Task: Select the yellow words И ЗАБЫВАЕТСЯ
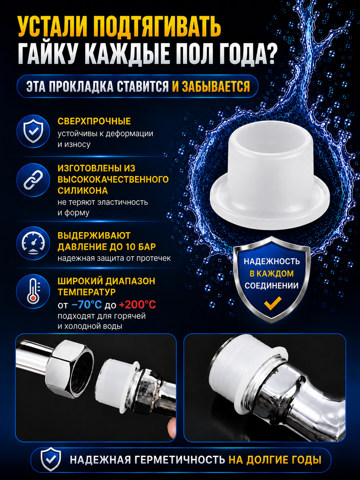click(211, 86)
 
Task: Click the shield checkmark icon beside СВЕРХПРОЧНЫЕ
click(33, 131)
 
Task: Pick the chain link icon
click(33, 180)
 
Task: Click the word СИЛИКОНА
click(83, 191)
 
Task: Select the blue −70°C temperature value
click(87, 305)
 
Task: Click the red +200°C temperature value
click(138, 305)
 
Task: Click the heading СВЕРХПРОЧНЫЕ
click(94, 121)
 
